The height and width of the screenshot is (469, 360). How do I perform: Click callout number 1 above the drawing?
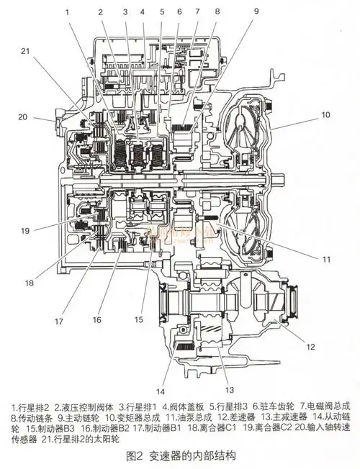67,12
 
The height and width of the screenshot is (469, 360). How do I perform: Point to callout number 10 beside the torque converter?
325,114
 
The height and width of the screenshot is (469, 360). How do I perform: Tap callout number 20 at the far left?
22,117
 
